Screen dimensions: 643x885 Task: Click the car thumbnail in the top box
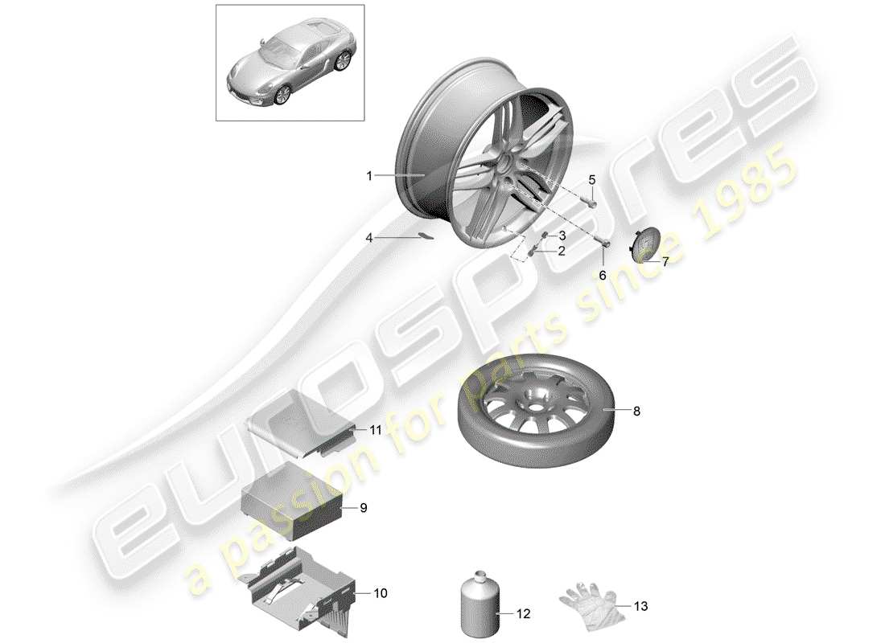(x=289, y=68)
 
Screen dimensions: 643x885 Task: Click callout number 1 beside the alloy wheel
(x=369, y=175)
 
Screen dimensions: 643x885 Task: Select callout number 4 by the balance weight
(x=369, y=238)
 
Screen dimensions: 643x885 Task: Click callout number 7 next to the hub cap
(x=665, y=261)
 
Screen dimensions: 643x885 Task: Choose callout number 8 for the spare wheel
(x=636, y=412)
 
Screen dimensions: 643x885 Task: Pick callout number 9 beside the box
(x=363, y=508)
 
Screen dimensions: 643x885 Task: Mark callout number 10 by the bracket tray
(x=380, y=593)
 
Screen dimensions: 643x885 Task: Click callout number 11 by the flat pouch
(x=375, y=430)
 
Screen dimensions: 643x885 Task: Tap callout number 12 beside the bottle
(x=524, y=614)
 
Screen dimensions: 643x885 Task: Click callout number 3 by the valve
(x=562, y=235)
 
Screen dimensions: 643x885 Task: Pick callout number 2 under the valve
(x=561, y=251)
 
